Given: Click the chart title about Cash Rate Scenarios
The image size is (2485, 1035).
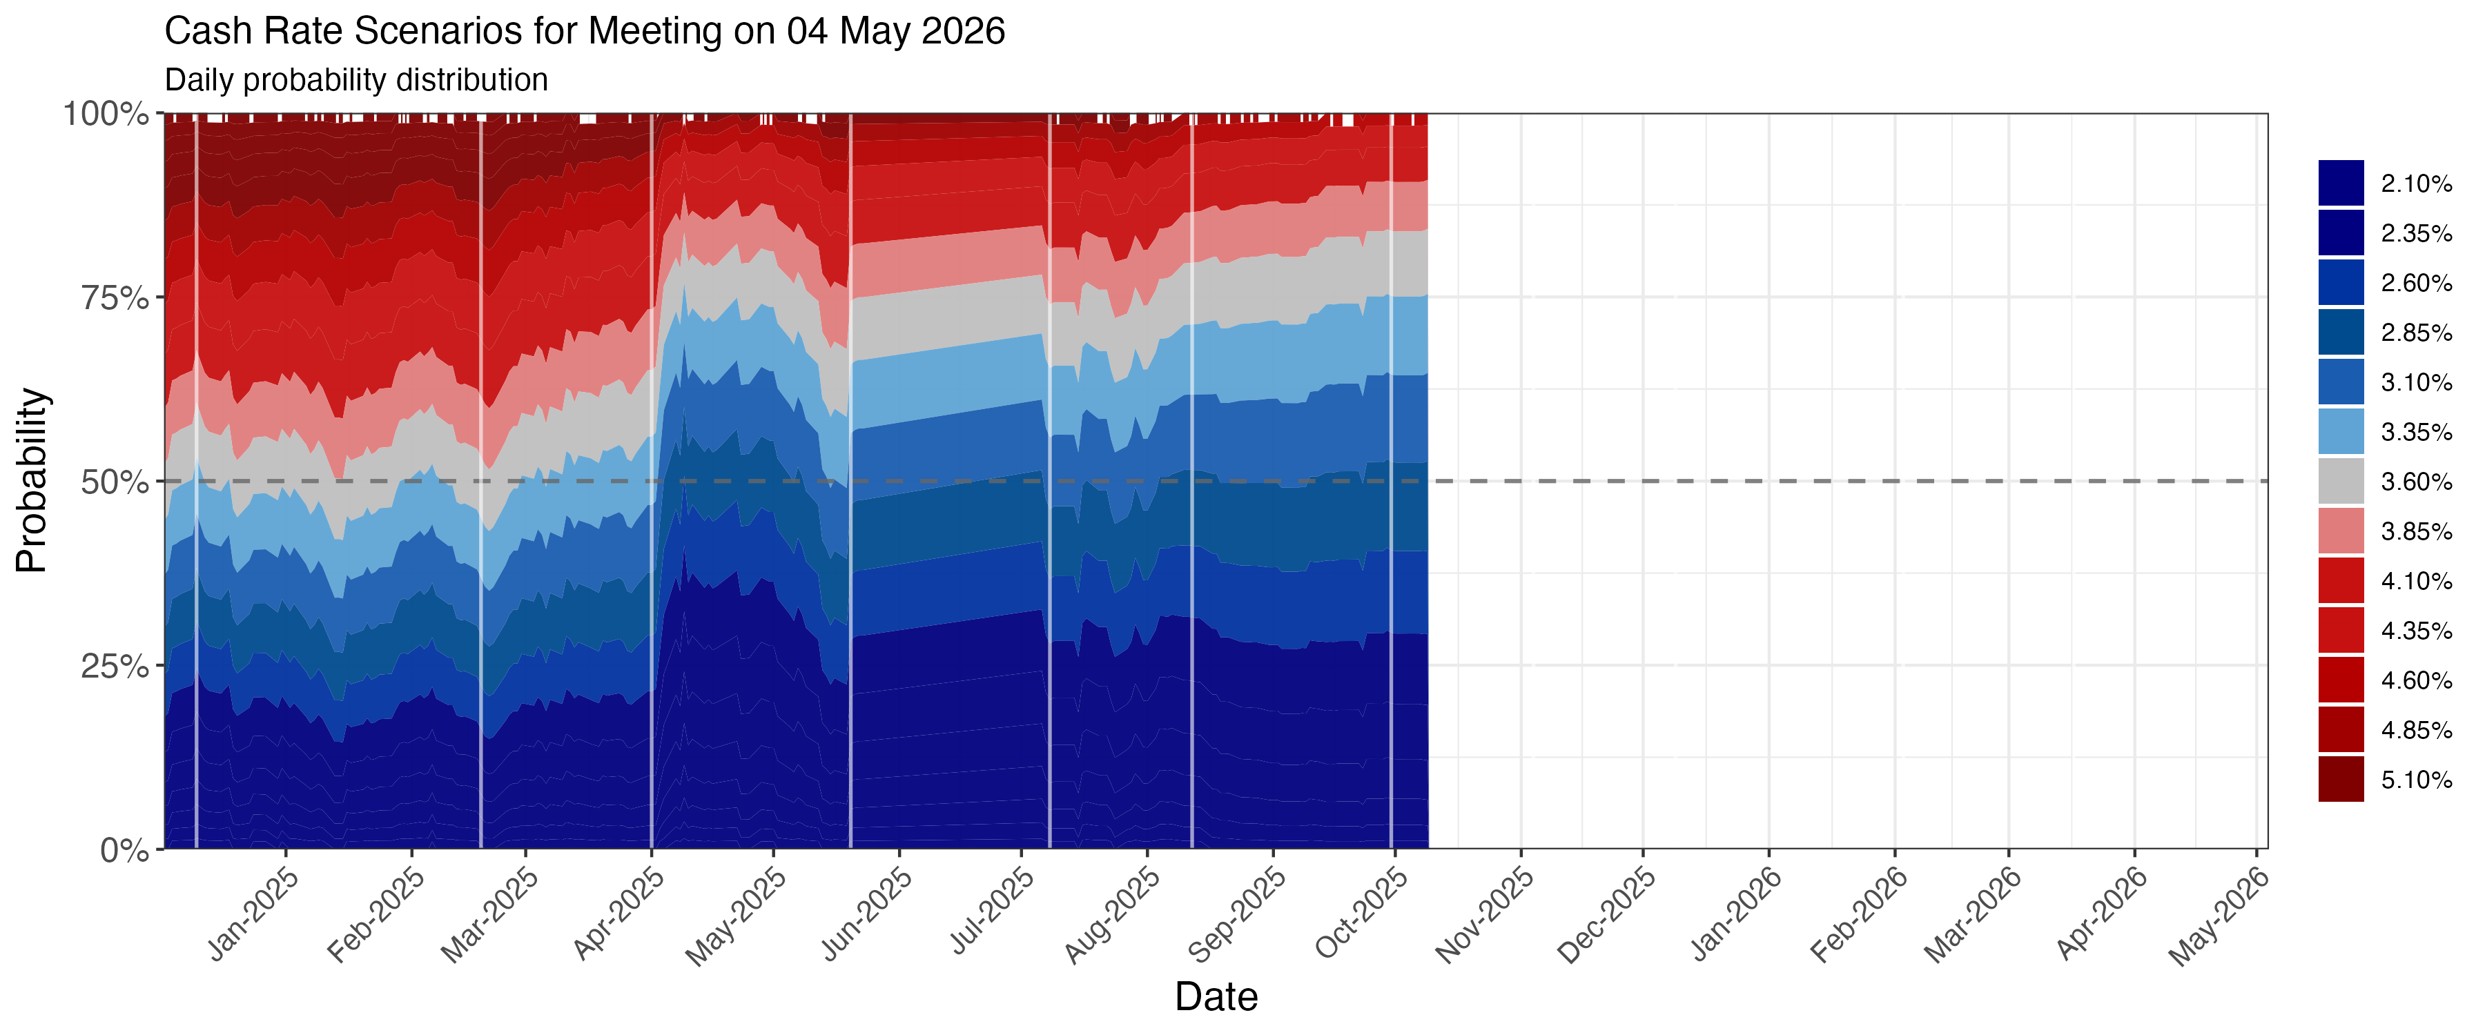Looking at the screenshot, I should [x=585, y=32].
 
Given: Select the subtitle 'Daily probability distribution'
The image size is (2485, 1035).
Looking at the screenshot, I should [x=356, y=80].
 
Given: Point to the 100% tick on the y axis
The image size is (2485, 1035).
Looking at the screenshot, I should [x=106, y=114].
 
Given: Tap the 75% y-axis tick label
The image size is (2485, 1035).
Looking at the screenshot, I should [x=115, y=298].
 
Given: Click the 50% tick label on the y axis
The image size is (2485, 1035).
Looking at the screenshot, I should [x=115, y=482].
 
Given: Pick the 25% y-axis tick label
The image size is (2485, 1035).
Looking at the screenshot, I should [x=115, y=667].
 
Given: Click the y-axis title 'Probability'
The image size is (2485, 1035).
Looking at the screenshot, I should [x=32, y=480].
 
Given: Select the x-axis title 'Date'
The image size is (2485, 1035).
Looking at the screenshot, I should [x=1216, y=996].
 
